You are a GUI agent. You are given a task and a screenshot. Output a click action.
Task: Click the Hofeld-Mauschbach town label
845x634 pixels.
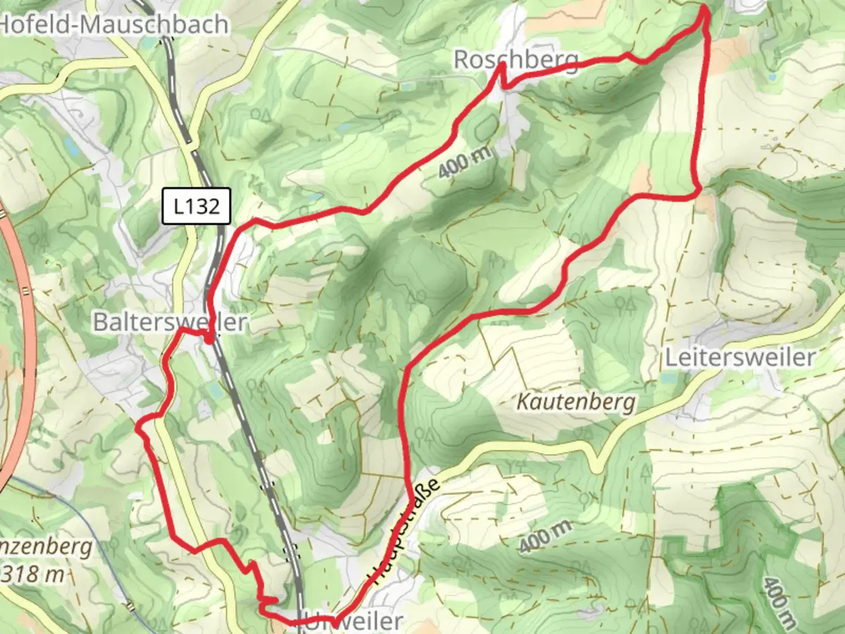pyautogui.click(x=114, y=25)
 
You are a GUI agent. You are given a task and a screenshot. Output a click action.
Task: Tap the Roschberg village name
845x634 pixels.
pyautogui.click(x=515, y=59)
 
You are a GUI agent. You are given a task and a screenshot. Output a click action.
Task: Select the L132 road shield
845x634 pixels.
pyautogui.click(x=197, y=206)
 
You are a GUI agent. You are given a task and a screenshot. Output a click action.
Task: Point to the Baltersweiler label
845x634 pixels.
pyautogui.click(x=170, y=322)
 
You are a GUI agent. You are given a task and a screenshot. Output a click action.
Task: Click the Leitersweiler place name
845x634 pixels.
pyautogui.click(x=739, y=357)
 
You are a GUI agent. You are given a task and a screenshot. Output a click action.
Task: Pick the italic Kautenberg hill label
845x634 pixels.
pyautogui.click(x=576, y=402)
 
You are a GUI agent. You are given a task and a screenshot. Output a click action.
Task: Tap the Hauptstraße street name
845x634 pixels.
pyautogui.click(x=405, y=531)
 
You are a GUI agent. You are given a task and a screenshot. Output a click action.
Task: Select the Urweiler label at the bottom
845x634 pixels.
pyautogui.click(x=352, y=621)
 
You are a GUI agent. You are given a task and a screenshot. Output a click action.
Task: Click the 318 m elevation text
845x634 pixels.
pyautogui.click(x=32, y=574)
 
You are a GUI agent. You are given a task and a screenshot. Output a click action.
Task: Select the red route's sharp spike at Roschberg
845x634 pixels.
pyautogui.click(x=502, y=66)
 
